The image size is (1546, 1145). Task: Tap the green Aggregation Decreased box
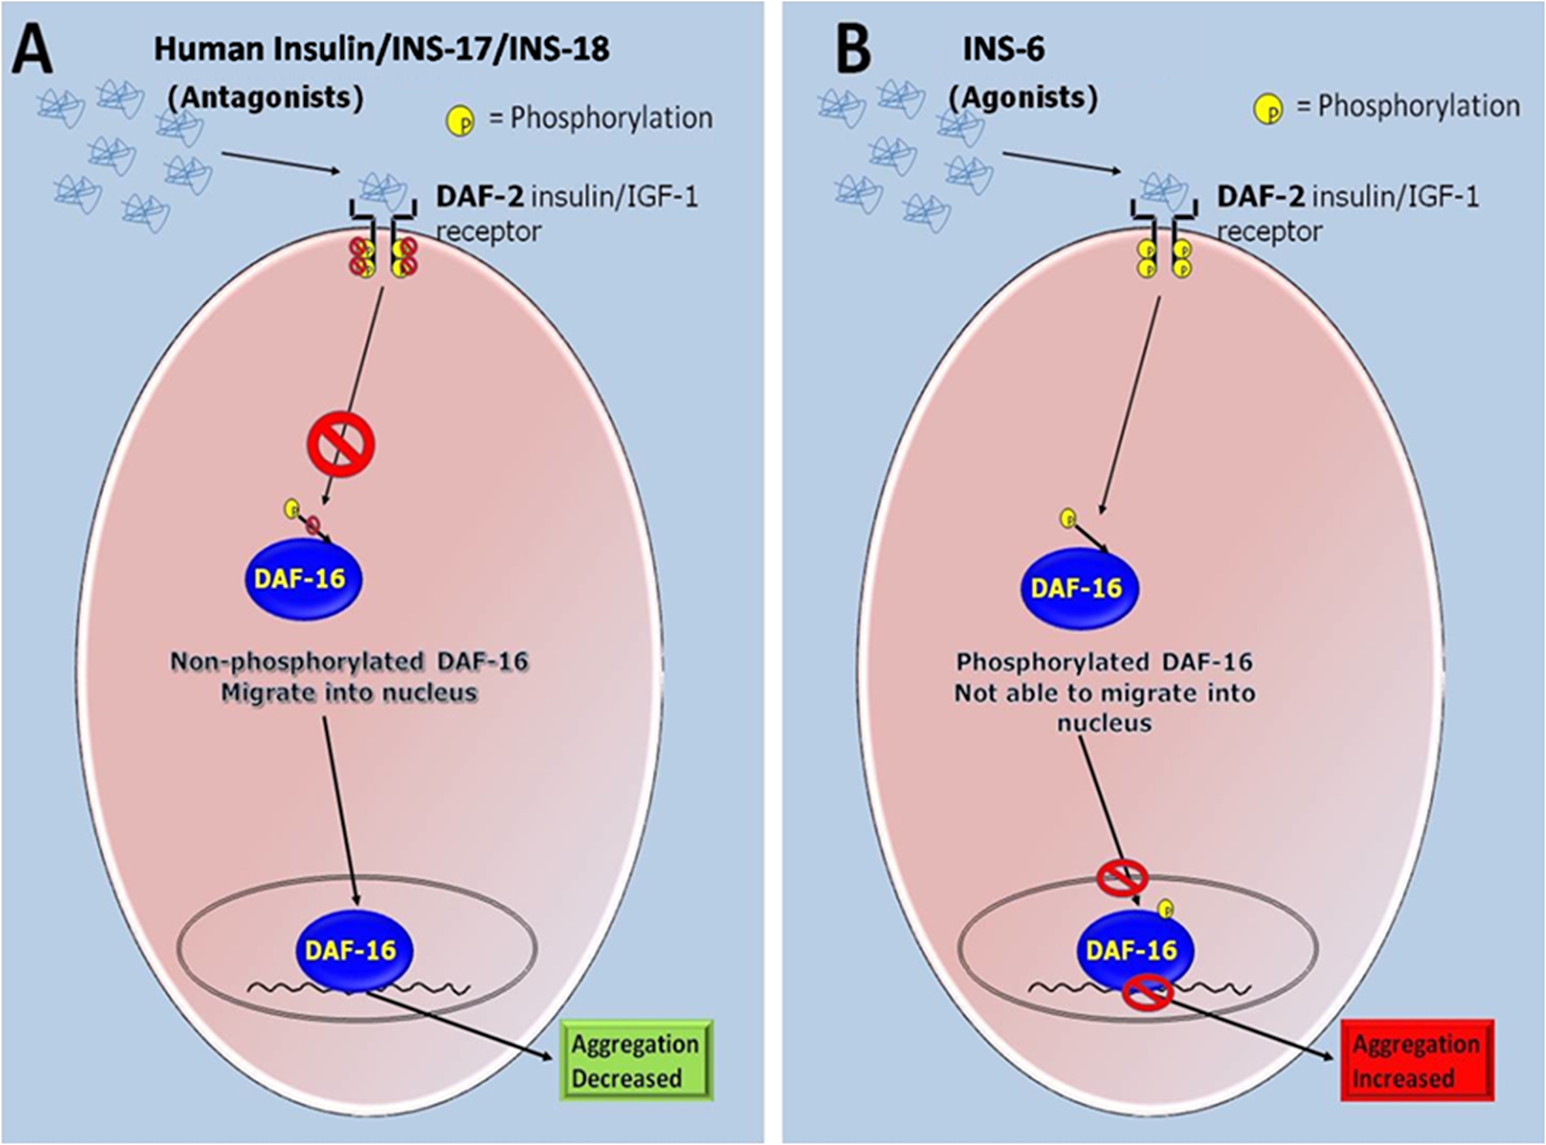pos(635,1060)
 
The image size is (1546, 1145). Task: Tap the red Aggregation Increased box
pos(1416,1060)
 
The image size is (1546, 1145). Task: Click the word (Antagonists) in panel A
pos(265,98)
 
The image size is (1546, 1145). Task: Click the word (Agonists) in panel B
pos(1023,98)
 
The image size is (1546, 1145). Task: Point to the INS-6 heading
pos(1003,49)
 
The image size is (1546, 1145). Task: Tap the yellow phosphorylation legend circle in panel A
pos(461,121)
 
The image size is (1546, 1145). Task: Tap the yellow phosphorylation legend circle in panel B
pos(1268,109)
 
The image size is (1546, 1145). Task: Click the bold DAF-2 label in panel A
pos(480,197)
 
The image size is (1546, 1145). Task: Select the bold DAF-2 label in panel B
pos(1261,197)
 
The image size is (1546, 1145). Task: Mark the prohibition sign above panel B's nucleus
pos(1122,877)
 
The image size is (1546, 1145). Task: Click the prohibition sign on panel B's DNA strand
pos(1148,991)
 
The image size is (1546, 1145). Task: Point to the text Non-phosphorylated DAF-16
pos(349,662)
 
